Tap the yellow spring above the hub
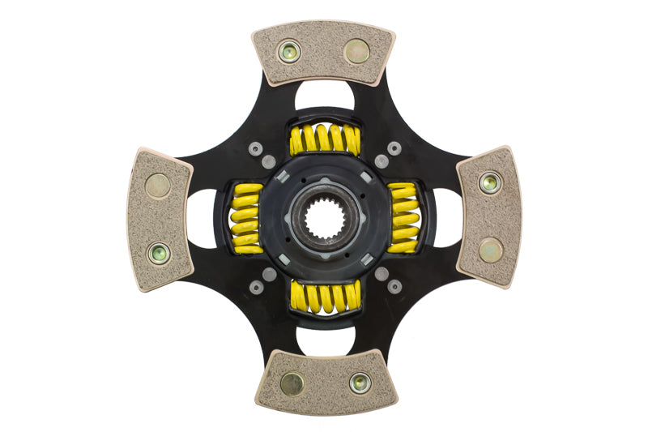click(325, 139)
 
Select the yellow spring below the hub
click(325, 297)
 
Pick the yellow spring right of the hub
click(403, 218)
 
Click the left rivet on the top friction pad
click(288, 53)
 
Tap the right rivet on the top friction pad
click(356, 52)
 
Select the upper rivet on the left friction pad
click(158, 186)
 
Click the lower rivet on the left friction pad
click(159, 253)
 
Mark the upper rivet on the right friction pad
click(489, 183)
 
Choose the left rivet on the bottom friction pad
click(292, 383)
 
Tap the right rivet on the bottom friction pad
click(360, 383)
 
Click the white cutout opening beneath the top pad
click(324, 95)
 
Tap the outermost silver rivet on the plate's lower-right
click(394, 286)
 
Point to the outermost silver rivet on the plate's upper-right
click(394, 148)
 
